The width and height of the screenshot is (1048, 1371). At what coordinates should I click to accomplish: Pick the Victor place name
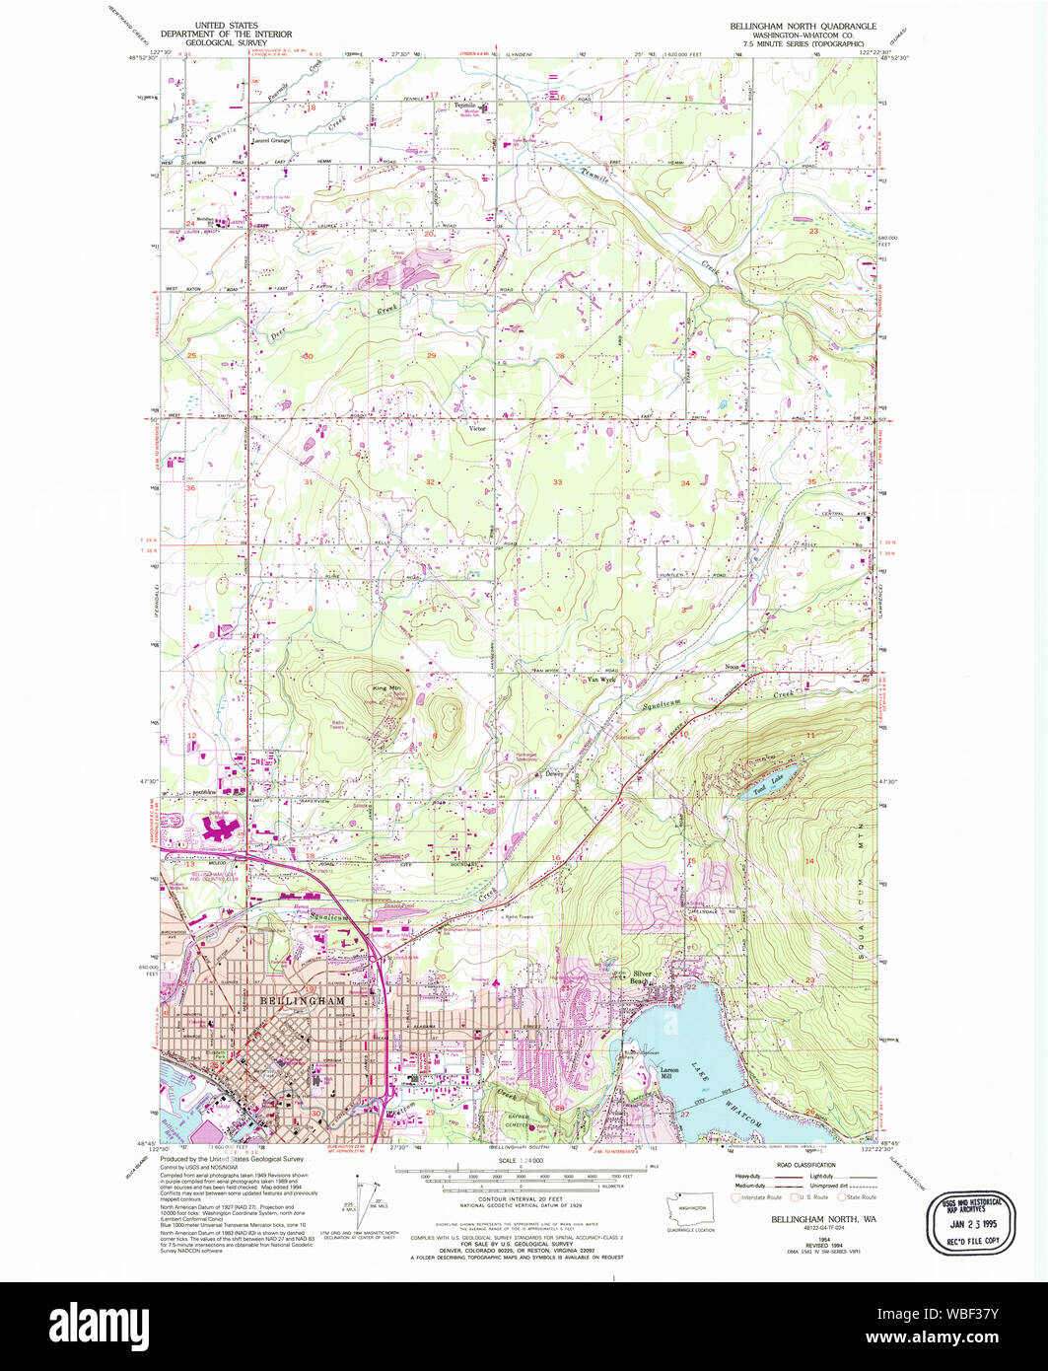pyautogui.click(x=477, y=429)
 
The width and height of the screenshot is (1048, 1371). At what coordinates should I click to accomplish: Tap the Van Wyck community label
pyautogui.click(x=601, y=680)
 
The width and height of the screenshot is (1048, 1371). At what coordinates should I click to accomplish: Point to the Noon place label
pyautogui.click(x=732, y=668)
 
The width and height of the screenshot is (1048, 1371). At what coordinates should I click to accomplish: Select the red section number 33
pyautogui.click(x=558, y=482)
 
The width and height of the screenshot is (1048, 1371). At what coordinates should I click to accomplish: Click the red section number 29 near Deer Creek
pyautogui.click(x=431, y=355)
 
